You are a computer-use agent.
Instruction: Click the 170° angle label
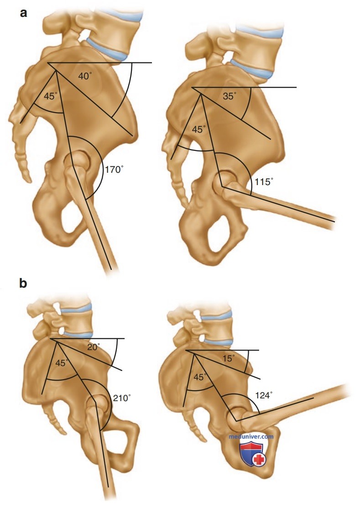click(115, 170)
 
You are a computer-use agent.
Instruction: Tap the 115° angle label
click(264, 181)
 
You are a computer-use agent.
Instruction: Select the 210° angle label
click(122, 398)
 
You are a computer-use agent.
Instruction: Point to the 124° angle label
click(264, 395)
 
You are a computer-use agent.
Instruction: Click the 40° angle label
click(85, 76)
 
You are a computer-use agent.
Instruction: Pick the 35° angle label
click(230, 96)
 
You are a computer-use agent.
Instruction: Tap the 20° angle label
click(94, 347)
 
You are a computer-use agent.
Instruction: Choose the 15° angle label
click(229, 358)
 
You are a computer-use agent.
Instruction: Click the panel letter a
click(23, 13)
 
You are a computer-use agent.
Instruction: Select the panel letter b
click(23, 283)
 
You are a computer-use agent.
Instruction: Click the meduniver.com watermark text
click(251, 437)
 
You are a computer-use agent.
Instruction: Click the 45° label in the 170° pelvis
click(51, 96)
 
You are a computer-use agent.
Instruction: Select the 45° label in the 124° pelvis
click(201, 377)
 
